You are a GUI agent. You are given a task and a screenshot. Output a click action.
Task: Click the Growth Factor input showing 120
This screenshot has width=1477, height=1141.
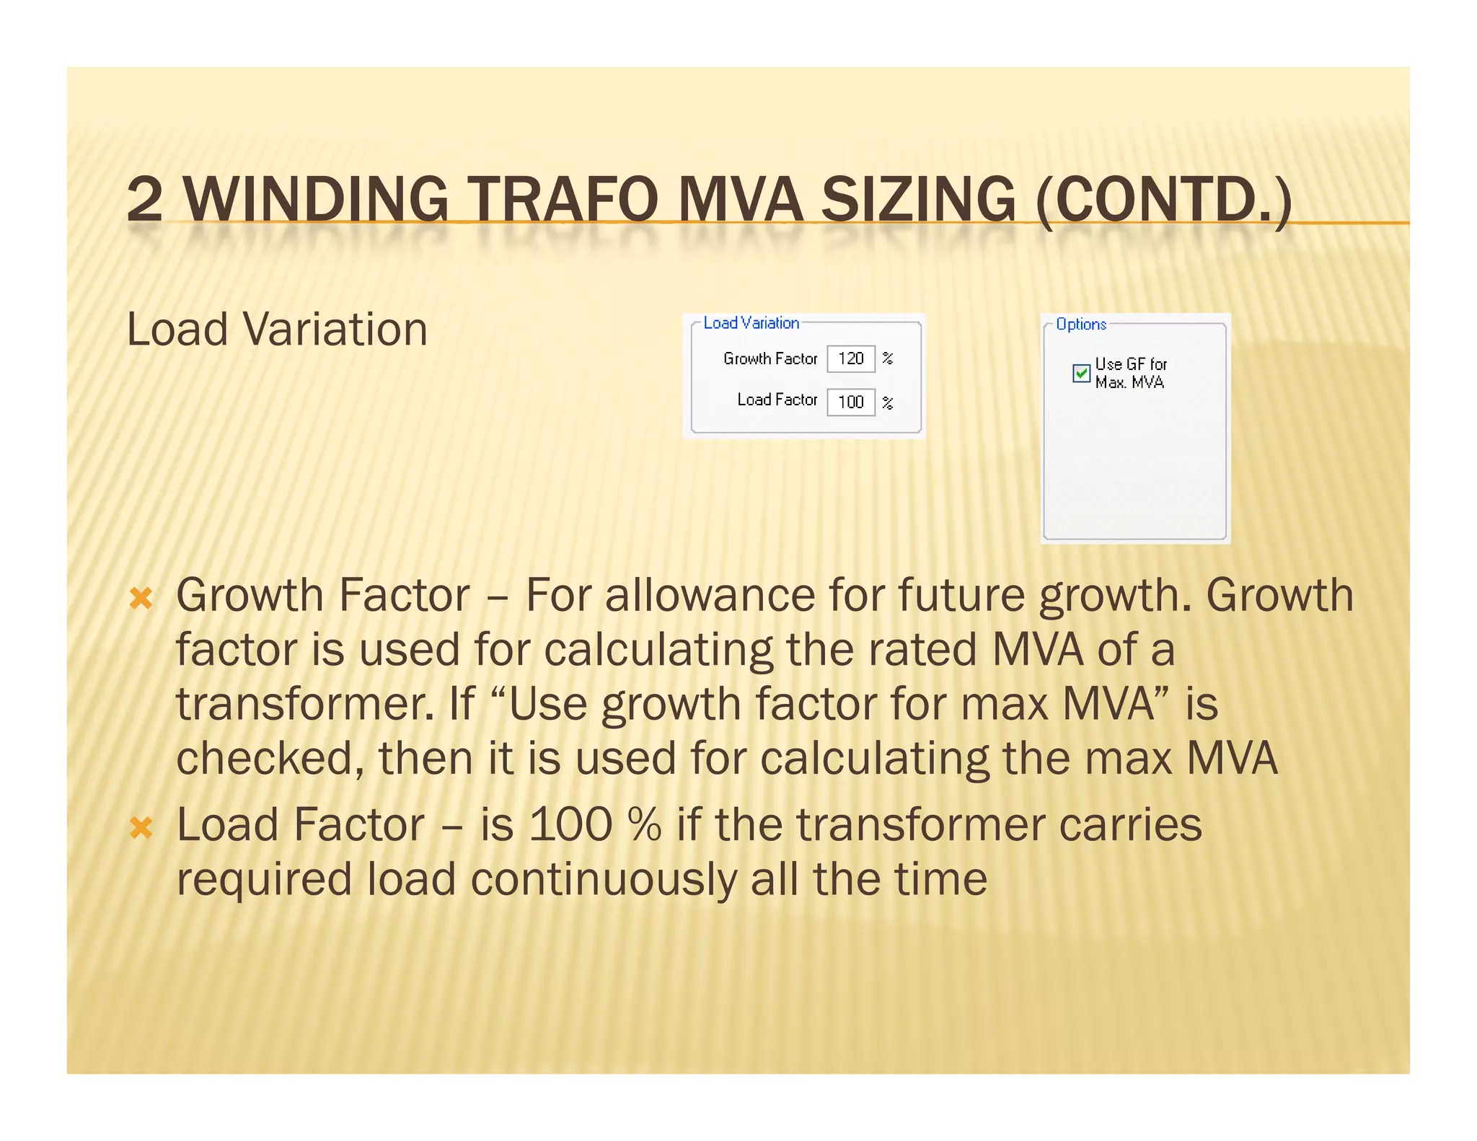coord(850,358)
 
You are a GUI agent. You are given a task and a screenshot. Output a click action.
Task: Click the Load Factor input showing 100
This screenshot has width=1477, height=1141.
coord(850,402)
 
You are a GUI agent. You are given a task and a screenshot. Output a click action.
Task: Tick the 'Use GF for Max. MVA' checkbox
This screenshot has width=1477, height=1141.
coord(1080,373)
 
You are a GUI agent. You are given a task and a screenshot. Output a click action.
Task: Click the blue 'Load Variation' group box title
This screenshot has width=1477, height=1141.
coord(751,323)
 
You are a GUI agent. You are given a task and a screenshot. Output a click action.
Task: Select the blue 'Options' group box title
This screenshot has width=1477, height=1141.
coord(1080,325)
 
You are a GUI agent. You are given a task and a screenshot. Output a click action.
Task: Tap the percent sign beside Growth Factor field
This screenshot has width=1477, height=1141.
coord(888,358)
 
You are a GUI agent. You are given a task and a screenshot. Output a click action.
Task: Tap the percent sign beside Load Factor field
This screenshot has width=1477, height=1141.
coord(888,402)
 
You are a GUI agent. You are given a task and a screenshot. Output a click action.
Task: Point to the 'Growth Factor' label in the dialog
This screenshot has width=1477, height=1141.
coord(770,358)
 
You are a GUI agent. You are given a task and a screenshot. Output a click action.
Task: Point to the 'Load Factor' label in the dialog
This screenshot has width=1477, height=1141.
coord(777,400)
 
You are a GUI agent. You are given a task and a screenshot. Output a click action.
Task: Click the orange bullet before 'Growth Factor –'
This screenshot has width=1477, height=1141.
coord(141,598)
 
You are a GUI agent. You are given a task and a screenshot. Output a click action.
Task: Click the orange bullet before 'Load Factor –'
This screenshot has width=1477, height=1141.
coord(141,827)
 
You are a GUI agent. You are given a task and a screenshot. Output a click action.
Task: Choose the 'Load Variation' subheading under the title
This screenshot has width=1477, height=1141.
coord(277,330)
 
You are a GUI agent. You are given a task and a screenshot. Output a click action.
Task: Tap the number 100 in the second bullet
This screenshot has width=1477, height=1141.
coord(570,824)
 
